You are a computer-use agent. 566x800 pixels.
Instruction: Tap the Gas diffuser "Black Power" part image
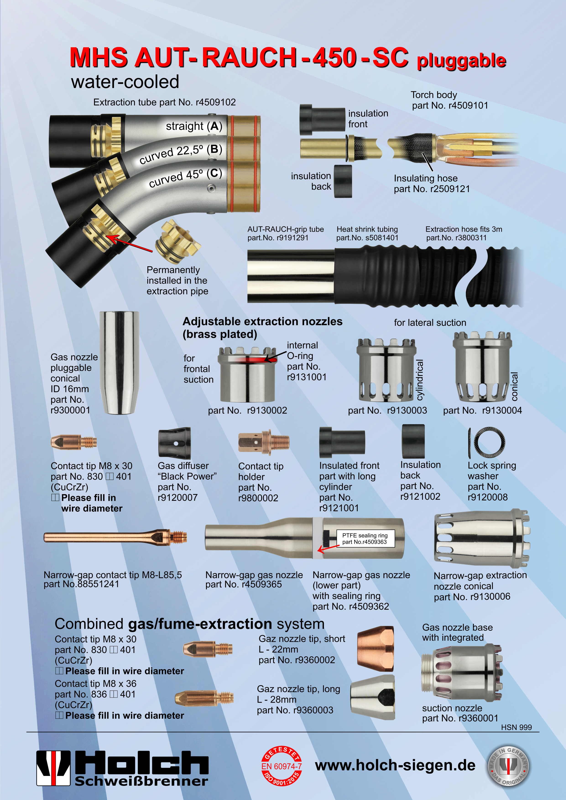tap(174, 443)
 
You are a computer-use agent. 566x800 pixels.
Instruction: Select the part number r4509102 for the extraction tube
tap(216, 102)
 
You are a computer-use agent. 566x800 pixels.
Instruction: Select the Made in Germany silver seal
tap(508, 766)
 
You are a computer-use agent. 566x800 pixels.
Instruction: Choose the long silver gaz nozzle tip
tap(373, 697)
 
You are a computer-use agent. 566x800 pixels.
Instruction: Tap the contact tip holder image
tap(264, 443)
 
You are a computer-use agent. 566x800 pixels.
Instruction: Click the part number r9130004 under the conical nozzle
tap(502, 410)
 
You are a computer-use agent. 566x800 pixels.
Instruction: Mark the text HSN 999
tap(516, 727)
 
